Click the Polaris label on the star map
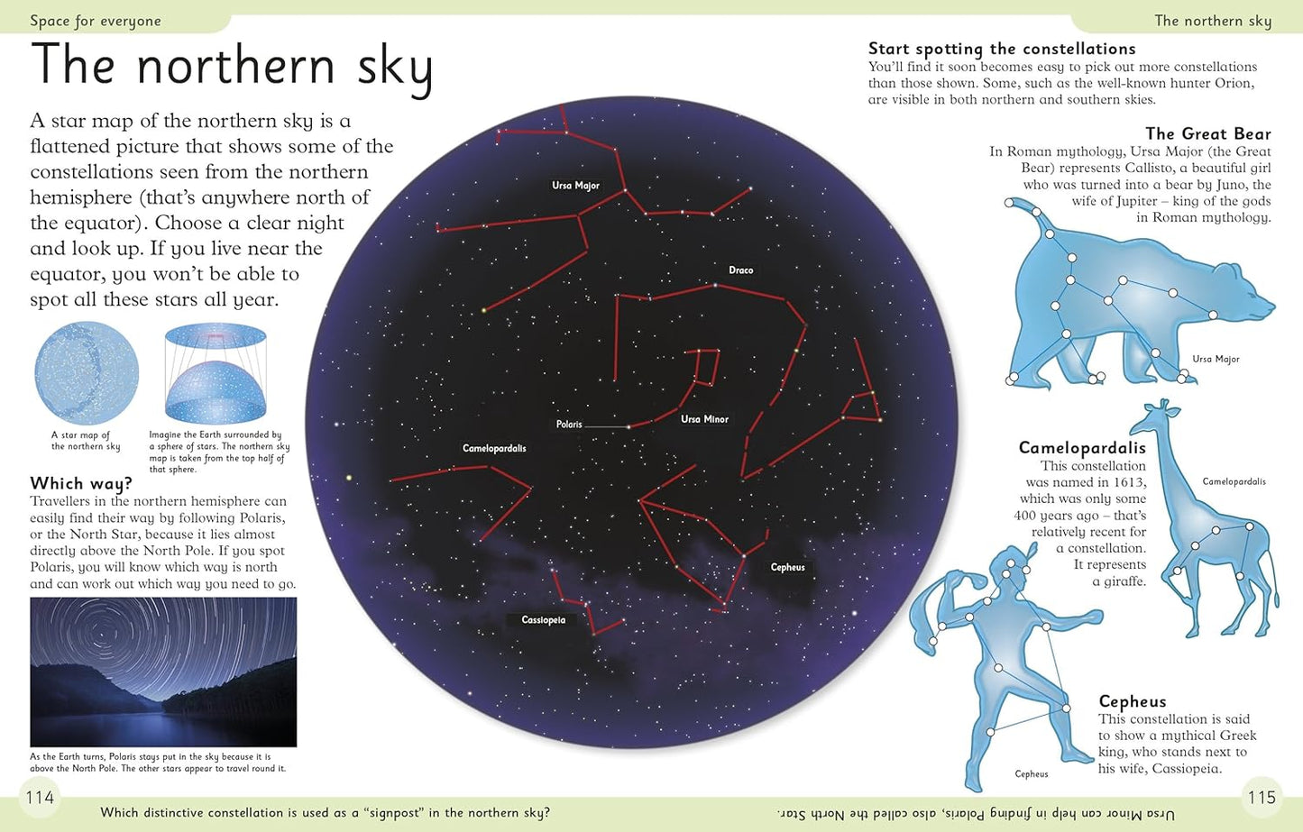point(569,425)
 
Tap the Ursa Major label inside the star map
point(575,186)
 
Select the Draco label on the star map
point(740,270)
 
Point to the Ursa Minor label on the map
point(704,419)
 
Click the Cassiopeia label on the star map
point(543,620)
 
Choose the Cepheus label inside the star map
point(787,567)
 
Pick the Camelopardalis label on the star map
point(494,449)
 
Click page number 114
point(40,797)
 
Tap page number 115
point(1261,797)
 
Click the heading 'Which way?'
point(81,484)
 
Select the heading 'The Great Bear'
point(1207,134)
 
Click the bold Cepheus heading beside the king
point(1132,701)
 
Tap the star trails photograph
point(163,672)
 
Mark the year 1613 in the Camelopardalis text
point(1127,482)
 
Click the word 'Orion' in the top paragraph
point(1233,83)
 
